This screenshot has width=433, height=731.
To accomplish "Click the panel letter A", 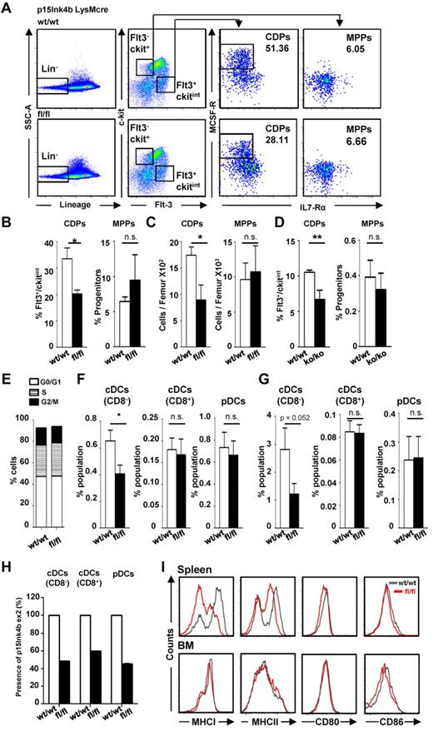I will coord(8,7).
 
